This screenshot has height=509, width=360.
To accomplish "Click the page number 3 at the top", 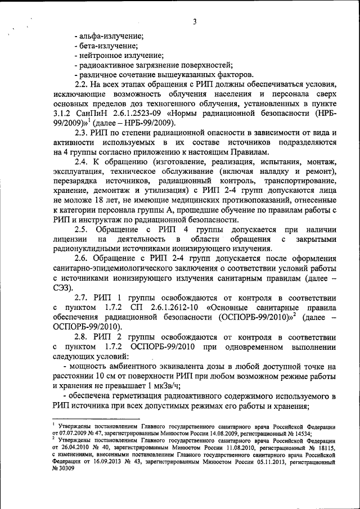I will point(193,22).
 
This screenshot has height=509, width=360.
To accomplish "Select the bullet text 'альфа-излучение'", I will point(112,35).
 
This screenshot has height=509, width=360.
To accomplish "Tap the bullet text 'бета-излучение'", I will point(110,46).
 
